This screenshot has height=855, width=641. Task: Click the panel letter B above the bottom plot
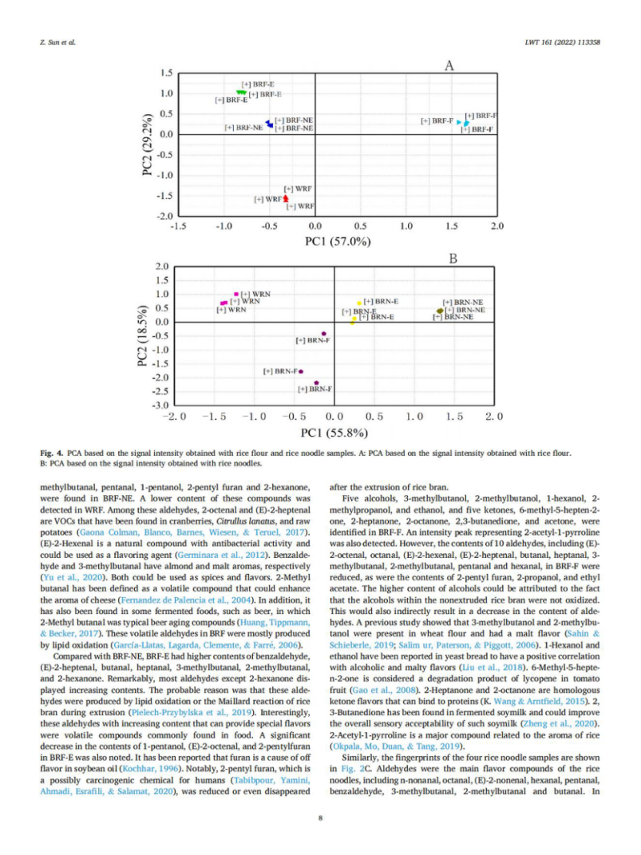click(452, 258)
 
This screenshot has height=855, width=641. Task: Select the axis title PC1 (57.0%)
click(338, 242)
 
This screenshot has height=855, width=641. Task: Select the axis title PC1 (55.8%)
click(334, 433)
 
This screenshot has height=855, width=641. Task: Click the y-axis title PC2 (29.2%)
click(148, 144)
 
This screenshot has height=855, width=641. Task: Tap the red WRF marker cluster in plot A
click(286, 198)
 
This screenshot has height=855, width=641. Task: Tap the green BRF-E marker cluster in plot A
click(242, 93)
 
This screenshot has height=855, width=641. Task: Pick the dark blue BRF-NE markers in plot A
click(269, 124)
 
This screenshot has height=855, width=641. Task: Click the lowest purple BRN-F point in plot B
click(316, 383)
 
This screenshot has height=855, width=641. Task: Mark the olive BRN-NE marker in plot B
click(439, 311)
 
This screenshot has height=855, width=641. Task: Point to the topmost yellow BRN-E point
click(359, 303)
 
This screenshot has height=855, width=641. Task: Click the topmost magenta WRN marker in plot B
click(236, 294)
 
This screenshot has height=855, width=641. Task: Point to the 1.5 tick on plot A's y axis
click(167, 73)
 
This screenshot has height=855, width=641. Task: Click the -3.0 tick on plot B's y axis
click(162, 406)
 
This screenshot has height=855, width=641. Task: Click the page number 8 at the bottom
click(320, 817)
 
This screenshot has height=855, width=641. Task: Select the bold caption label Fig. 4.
click(50, 453)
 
